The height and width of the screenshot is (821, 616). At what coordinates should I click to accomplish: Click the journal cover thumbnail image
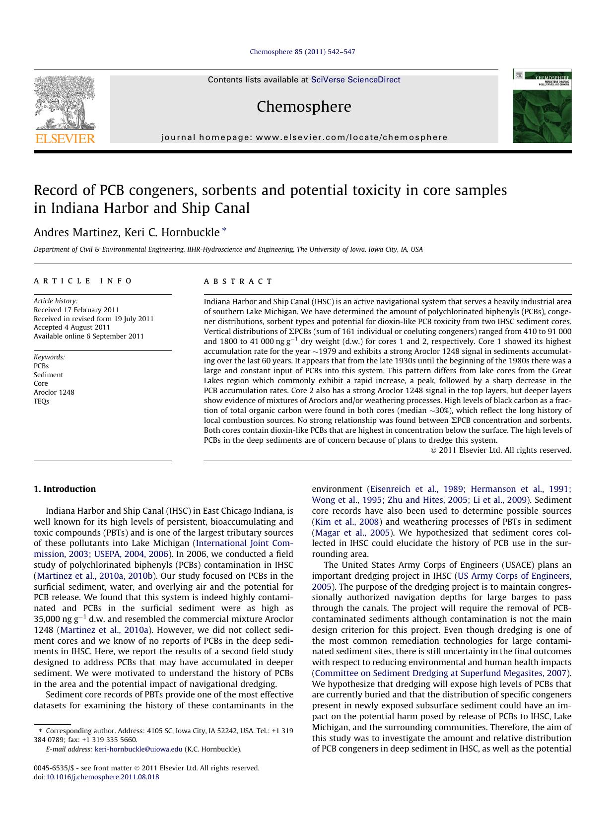point(542,106)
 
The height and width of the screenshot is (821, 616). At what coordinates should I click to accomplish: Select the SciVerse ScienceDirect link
point(355,80)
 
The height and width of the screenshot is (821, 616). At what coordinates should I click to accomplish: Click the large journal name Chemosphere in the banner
point(304,107)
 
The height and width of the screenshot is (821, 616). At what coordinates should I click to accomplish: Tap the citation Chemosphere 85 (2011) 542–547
point(302,52)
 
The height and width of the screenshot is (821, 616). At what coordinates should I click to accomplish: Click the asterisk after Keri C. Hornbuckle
point(224,230)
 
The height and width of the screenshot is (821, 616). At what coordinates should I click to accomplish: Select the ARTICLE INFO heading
point(83,281)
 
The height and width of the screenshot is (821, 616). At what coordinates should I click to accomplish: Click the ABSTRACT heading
point(238,281)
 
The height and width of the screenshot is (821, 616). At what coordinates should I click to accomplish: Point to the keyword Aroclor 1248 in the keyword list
point(54,392)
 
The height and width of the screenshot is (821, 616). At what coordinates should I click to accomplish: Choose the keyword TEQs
point(41,401)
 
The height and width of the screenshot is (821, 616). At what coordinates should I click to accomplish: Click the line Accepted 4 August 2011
point(72,327)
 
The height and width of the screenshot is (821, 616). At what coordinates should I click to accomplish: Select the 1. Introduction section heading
point(65,489)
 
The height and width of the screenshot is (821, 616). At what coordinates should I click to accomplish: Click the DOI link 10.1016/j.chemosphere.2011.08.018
point(103,777)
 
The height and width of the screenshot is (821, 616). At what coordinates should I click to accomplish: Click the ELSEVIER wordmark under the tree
point(64,138)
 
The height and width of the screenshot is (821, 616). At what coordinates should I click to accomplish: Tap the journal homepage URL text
point(304,137)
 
